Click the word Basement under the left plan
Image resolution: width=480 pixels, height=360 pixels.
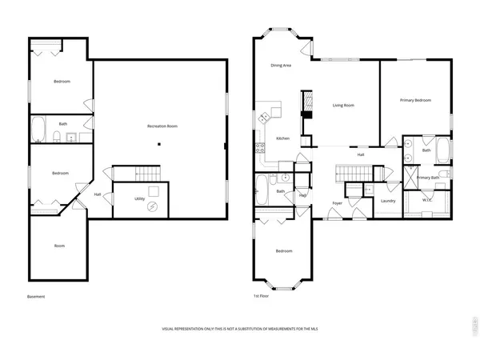pyautogui.click(x=36, y=297)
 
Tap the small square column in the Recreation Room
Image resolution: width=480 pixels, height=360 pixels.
pyautogui.click(x=159, y=144)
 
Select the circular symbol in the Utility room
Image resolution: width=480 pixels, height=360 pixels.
pyautogui.click(x=155, y=206)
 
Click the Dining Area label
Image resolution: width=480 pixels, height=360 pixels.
pyautogui.click(x=280, y=66)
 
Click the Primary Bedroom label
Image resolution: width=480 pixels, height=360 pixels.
pyautogui.click(x=416, y=100)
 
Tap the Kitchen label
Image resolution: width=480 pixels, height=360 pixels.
pyautogui.click(x=282, y=138)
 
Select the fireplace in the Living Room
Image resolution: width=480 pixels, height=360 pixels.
pyautogui.click(x=305, y=105)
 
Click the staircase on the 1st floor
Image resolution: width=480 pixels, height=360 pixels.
pyautogui.click(x=350, y=172)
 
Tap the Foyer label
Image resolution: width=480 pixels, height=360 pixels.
pyautogui.click(x=338, y=202)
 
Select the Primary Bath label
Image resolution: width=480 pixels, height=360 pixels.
pyautogui.click(x=429, y=177)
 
